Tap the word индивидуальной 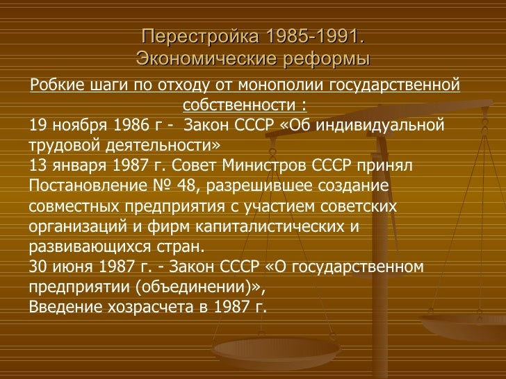click(385, 126)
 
